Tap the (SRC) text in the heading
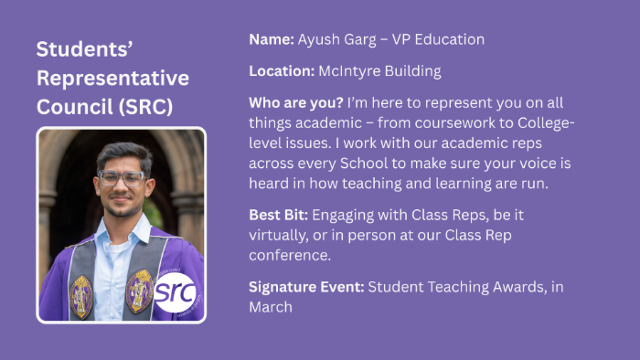(146, 106)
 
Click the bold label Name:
(271, 40)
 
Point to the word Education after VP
(445, 40)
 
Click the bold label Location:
(282, 70)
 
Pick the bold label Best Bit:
(279, 216)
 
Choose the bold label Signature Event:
(306, 287)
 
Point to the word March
(271, 307)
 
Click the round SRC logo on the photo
(174, 292)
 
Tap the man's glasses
(122, 178)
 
